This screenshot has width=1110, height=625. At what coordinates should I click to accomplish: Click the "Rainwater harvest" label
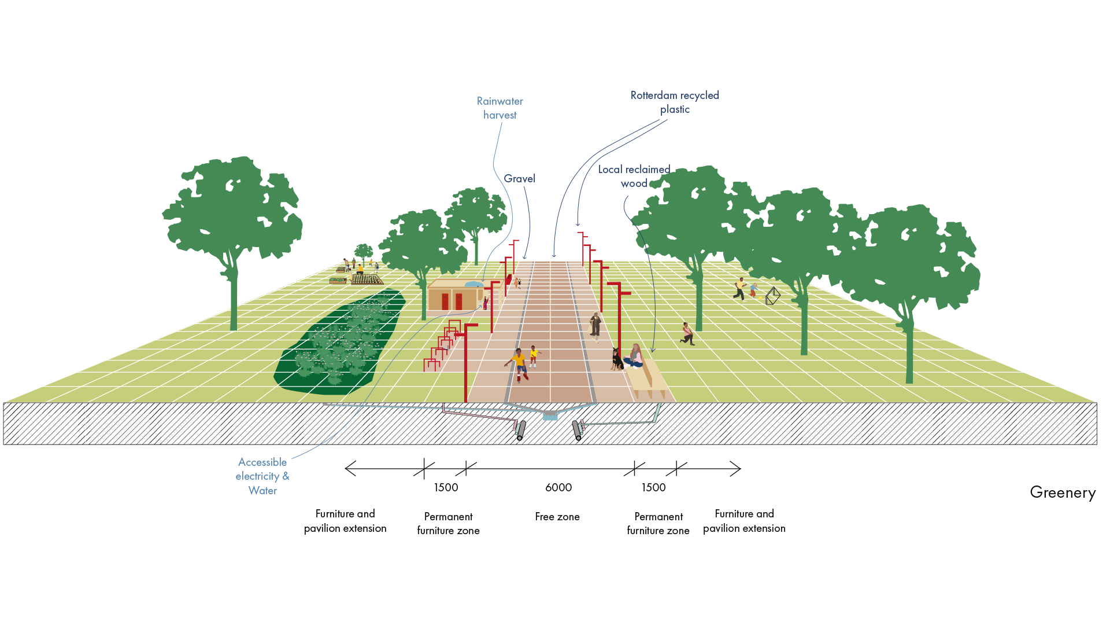coord(499,108)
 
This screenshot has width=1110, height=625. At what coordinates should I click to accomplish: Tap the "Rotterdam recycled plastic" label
coord(675,102)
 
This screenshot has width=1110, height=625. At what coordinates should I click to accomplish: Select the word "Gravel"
coord(519,179)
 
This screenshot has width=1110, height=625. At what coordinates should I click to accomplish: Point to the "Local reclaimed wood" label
coord(634,177)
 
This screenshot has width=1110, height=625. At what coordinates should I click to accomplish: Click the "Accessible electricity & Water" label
coord(262,476)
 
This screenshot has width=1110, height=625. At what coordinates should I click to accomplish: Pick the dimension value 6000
coord(558,488)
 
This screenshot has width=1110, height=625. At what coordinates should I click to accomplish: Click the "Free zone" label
coord(557,517)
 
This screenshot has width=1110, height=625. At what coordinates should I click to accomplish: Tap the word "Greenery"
coord(1063,492)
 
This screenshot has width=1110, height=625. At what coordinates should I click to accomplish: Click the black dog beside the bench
coord(617,360)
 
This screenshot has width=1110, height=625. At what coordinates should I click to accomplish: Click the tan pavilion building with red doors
coord(454,296)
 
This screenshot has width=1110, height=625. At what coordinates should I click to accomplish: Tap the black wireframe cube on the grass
coord(773,296)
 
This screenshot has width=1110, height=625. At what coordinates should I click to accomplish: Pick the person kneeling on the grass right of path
coord(687,334)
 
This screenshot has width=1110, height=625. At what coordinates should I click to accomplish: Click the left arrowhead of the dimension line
coord(347,469)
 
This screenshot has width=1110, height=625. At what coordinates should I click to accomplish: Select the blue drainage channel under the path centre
coord(550,415)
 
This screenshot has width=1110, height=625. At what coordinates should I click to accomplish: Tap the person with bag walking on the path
coord(595,326)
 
